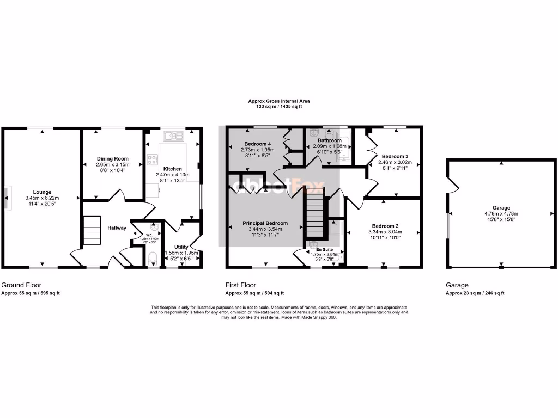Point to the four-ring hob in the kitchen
click(152, 160)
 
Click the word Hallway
click(117, 228)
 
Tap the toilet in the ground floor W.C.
click(152, 257)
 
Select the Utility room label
click(181, 247)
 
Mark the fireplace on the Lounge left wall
click(7, 197)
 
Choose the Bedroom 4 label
click(259, 144)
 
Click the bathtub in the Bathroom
click(345, 147)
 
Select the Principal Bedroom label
click(265, 223)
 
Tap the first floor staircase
click(314, 217)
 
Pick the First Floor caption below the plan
click(240, 285)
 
